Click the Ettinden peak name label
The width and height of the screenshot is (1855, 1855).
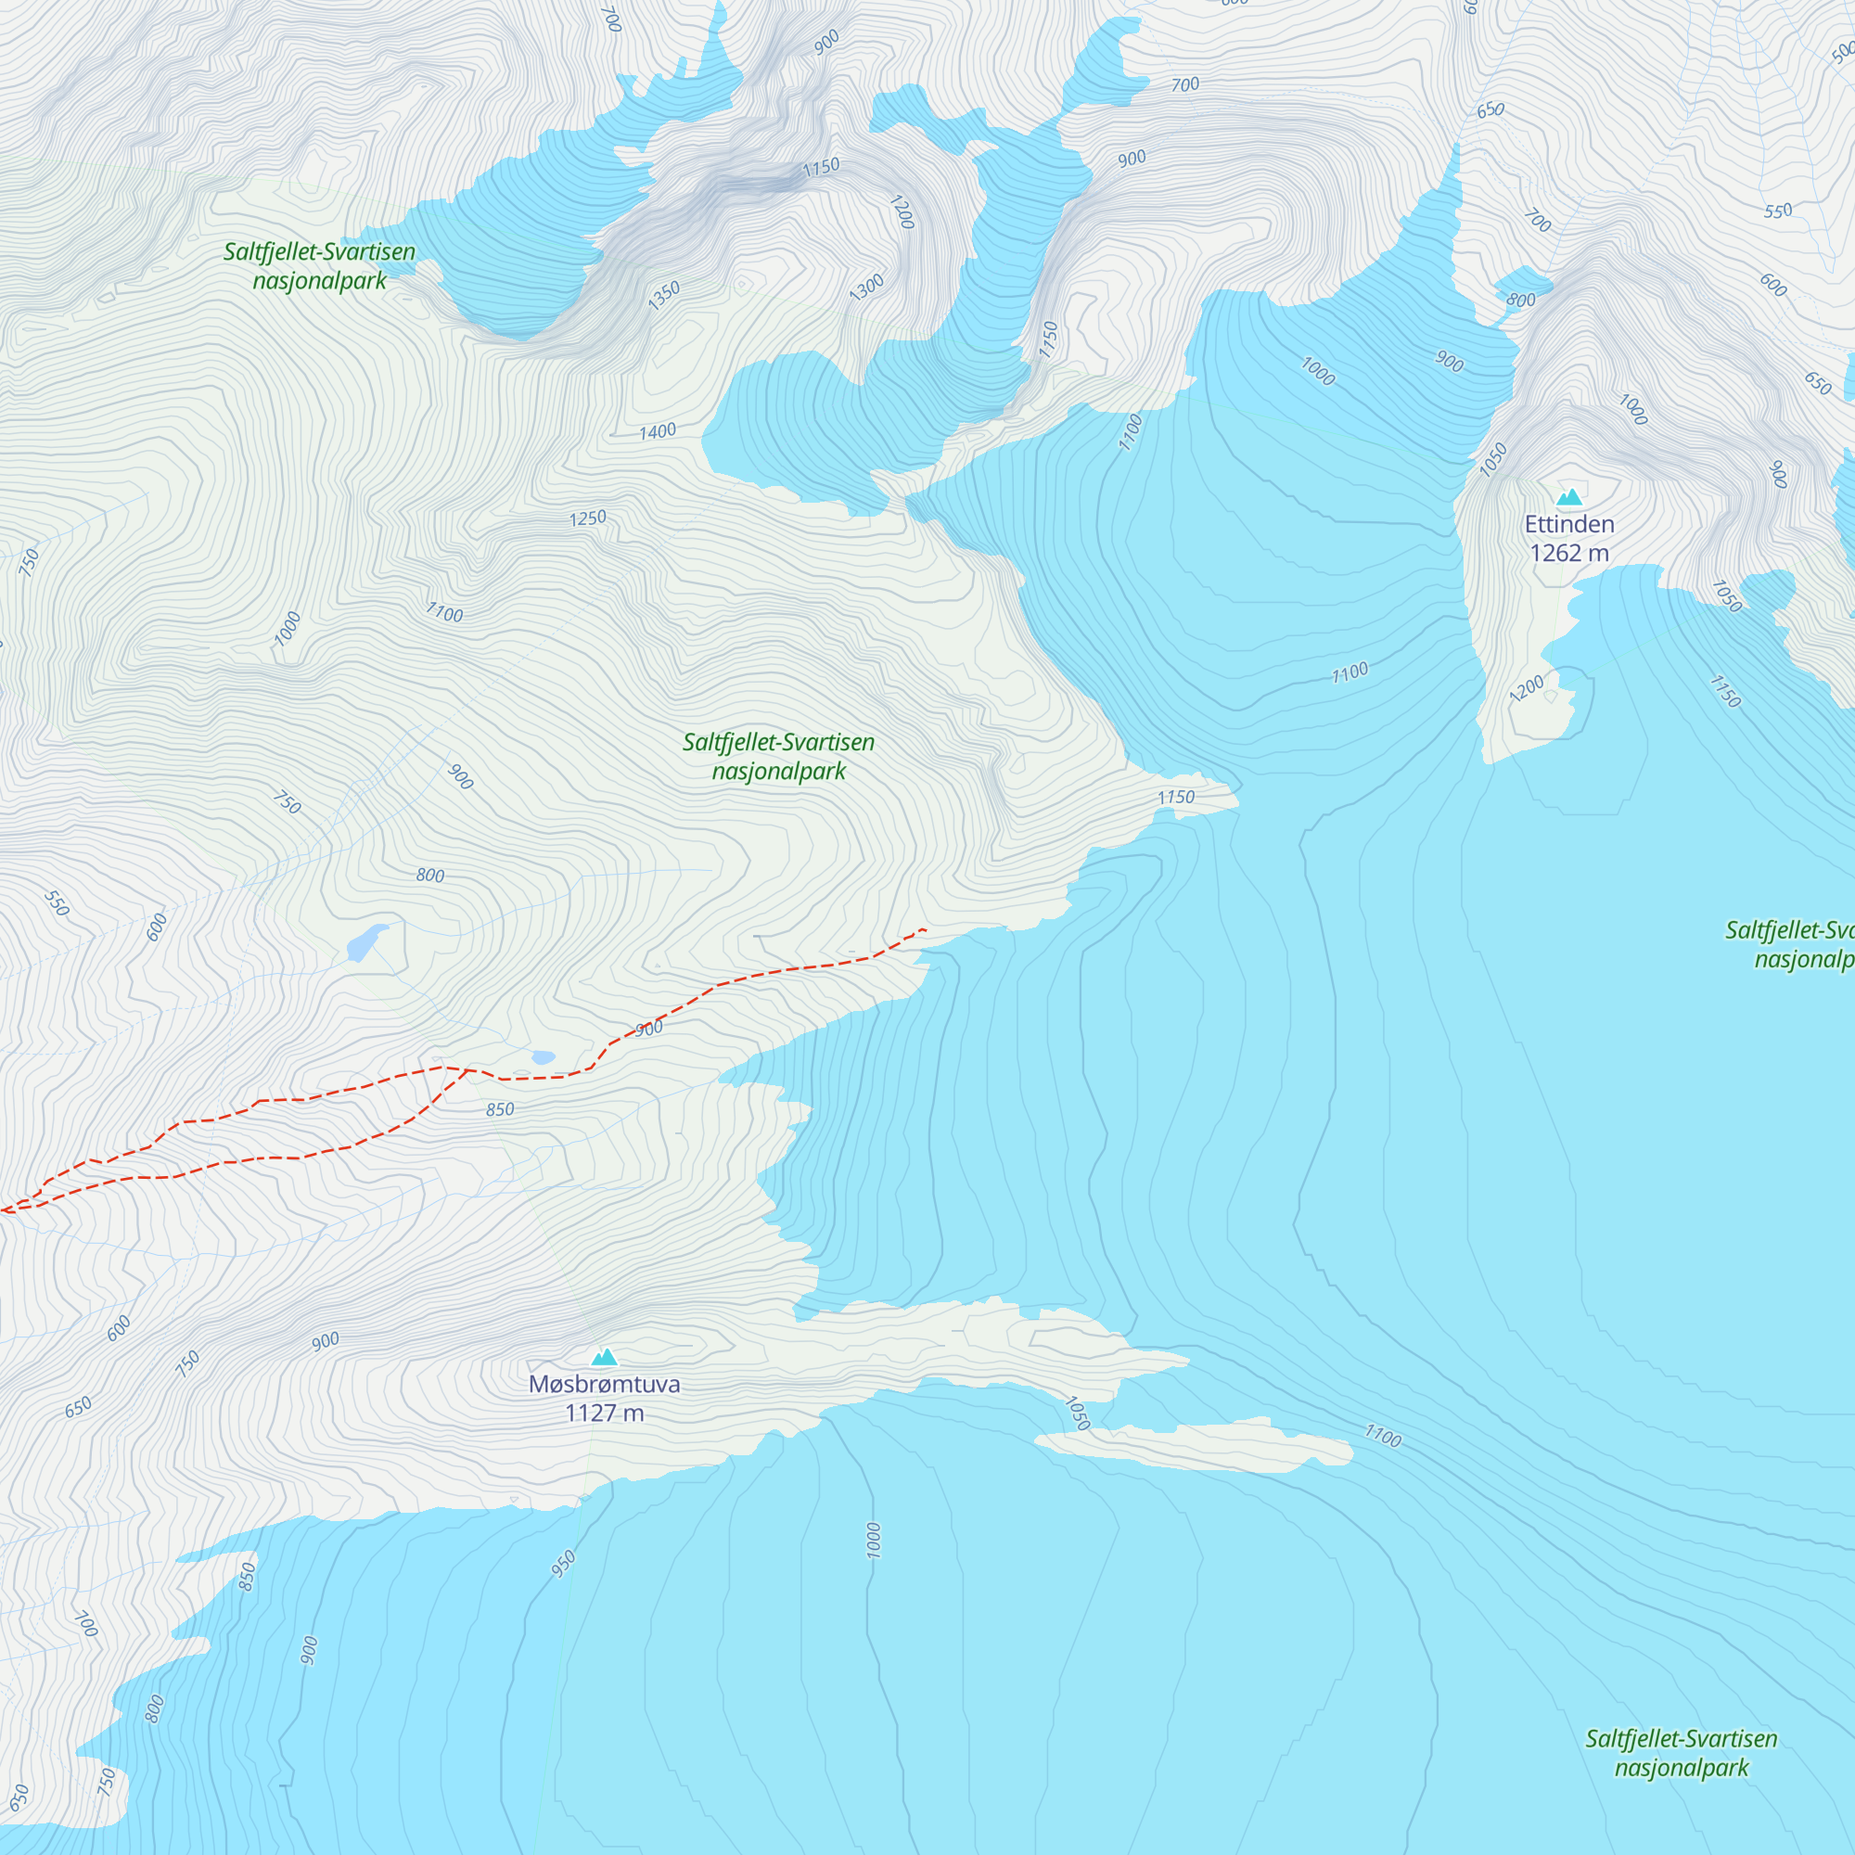pos(1569,524)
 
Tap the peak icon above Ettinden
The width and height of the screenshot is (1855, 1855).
pos(1569,496)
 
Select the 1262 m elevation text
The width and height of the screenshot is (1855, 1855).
pos(1569,553)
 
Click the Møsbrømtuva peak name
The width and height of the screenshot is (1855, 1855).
pos(604,1384)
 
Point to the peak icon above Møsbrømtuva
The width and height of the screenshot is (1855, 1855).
pos(604,1357)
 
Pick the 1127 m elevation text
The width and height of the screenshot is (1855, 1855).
pos(604,1413)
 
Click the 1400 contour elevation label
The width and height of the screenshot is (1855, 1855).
pos(658,432)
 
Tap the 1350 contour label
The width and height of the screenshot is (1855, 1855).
pos(663,296)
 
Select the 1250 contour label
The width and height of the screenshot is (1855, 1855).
pos(588,518)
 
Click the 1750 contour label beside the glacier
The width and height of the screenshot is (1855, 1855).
pos(1048,339)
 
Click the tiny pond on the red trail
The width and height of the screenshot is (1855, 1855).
pos(544,1057)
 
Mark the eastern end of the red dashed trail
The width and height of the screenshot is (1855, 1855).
pos(923,929)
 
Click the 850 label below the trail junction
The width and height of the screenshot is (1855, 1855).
pos(499,1110)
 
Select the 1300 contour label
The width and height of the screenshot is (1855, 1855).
pos(866,288)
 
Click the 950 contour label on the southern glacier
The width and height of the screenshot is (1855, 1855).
pos(564,1563)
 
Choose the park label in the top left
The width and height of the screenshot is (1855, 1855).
pos(320,266)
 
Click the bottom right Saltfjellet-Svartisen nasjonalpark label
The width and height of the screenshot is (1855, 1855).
pos(1681,1752)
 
